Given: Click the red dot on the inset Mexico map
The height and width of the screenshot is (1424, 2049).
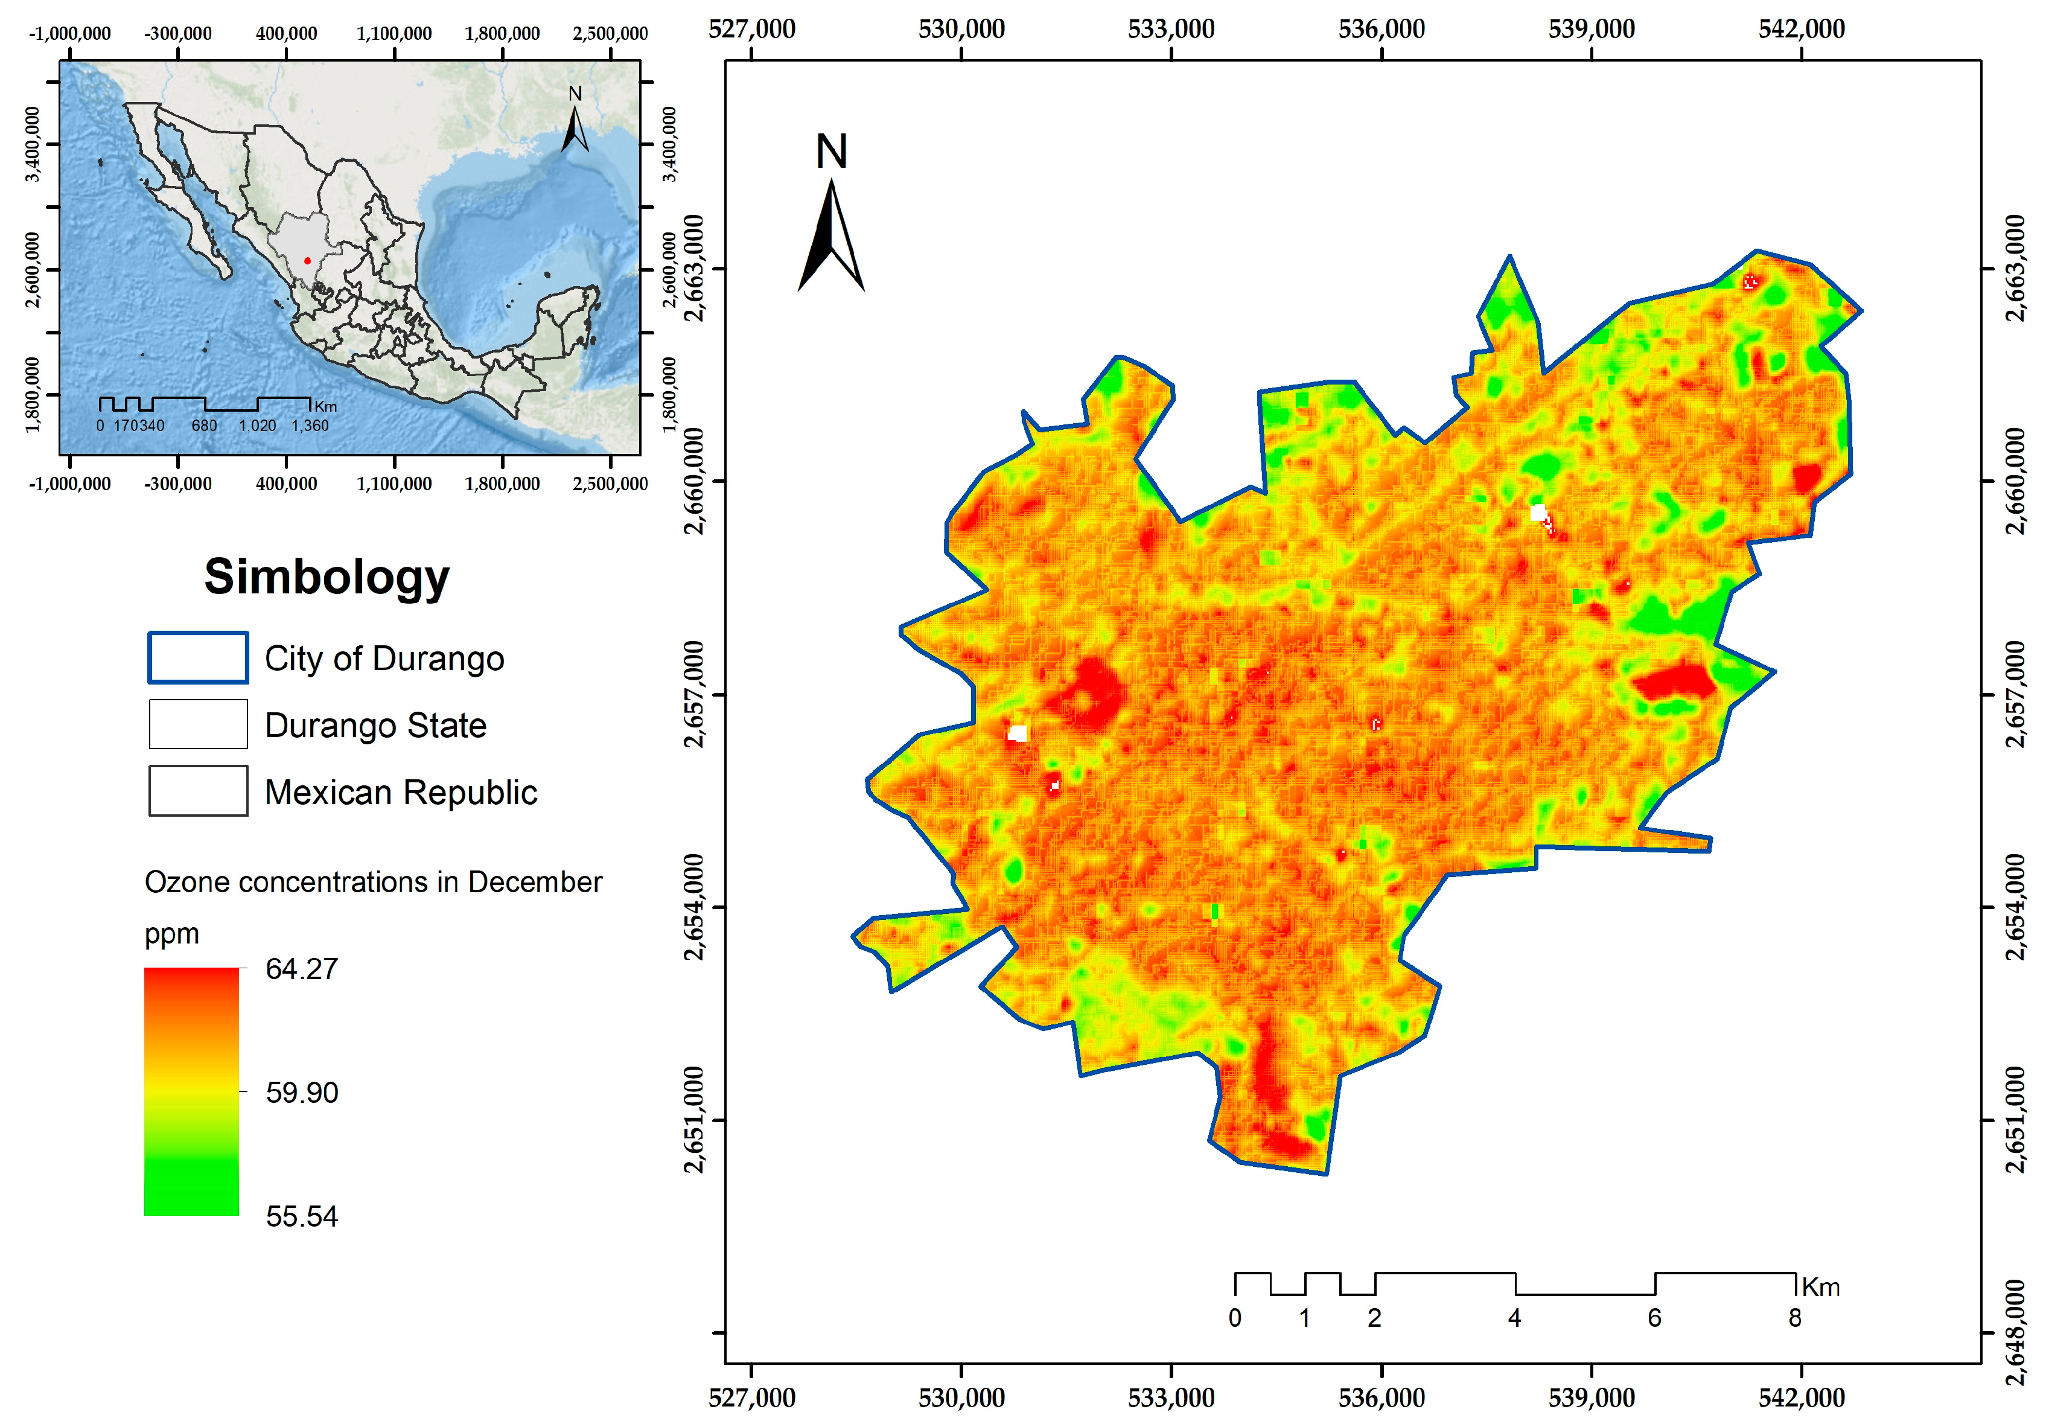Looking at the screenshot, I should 307,261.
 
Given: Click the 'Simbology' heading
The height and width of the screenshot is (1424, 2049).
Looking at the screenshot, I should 327,576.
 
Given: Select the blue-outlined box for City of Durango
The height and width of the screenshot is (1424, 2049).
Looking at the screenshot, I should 197,657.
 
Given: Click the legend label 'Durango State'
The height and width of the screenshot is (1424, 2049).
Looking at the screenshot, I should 375,726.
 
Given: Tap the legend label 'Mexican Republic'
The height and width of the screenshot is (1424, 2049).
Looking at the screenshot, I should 401,793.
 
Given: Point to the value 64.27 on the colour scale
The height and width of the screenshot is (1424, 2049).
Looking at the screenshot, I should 302,969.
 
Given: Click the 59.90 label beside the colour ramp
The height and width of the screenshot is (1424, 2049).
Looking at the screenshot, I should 302,1092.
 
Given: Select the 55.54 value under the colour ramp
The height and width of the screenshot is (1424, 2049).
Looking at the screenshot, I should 302,1216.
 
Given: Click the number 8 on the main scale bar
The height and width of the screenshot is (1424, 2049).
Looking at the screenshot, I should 1794,1318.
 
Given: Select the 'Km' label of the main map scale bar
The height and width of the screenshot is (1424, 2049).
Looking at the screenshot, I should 1821,1288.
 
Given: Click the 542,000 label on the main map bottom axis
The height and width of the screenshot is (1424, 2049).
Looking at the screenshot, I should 1800,1397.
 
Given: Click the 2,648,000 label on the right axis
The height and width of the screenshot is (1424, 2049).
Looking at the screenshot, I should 2014,1333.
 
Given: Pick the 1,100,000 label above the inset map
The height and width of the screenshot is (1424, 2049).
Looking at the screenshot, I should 394,34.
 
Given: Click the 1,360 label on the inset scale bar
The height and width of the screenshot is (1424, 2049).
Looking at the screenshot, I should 310,426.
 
